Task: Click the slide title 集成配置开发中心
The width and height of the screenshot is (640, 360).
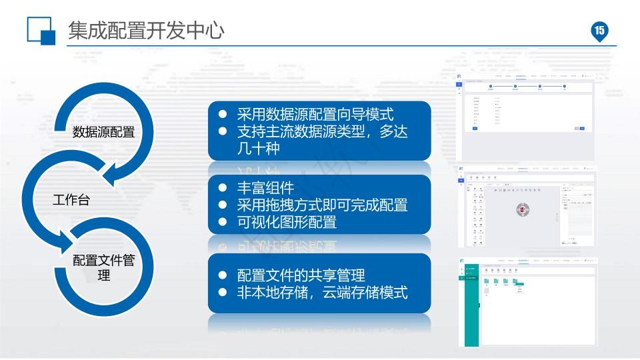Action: pos(146,30)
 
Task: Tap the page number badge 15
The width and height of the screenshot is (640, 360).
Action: pos(599,30)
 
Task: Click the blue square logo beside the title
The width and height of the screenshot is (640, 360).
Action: pos(41,31)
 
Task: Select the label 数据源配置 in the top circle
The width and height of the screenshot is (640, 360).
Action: pos(103,132)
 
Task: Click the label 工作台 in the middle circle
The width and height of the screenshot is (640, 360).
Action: pos(71,199)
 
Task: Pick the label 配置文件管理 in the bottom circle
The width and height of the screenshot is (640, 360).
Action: pos(103,267)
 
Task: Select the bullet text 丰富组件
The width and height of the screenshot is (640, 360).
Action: pos(265,188)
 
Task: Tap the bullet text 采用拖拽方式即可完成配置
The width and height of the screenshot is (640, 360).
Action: pos(322,205)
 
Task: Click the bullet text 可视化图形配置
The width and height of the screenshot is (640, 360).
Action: pos(287,221)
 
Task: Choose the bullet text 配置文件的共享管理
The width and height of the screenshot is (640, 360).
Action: pos(301,275)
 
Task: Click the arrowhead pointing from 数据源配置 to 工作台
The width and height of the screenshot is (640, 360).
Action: pos(111,177)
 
